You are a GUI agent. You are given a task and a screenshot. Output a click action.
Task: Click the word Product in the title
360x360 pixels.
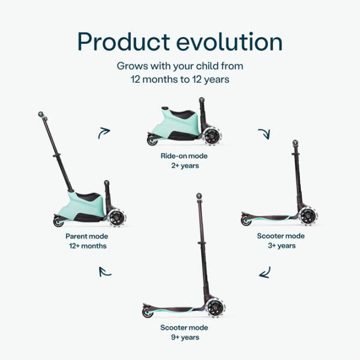(x=122, y=42)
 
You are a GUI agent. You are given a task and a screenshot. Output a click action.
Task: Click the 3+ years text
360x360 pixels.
(x=280, y=245)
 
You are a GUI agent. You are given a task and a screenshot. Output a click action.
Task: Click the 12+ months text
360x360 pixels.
(x=86, y=246)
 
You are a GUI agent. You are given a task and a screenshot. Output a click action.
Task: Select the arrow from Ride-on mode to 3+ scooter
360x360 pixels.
(x=263, y=133)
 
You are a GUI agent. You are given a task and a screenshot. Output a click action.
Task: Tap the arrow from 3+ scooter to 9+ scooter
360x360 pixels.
(x=265, y=274)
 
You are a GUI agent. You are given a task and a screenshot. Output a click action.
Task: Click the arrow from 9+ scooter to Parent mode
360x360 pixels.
(x=105, y=272)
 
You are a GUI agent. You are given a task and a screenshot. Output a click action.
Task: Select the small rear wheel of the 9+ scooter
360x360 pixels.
(x=147, y=312)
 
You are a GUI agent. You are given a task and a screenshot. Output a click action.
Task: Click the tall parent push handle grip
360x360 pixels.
(x=41, y=115)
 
